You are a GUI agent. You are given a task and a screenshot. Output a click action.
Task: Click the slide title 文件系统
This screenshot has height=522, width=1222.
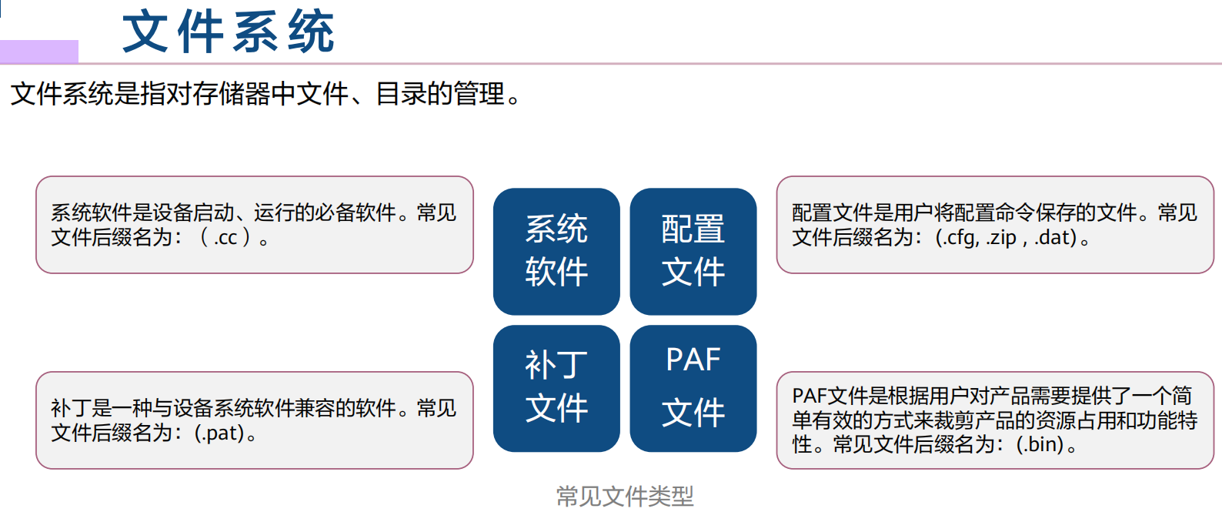tap(228, 32)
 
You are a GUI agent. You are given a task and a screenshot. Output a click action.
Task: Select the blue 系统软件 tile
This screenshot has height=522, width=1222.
tap(556, 251)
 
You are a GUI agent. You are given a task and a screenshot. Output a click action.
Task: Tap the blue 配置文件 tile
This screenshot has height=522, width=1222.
tap(693, 251)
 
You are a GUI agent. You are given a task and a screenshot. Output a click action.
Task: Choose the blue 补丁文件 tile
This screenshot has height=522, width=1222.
tap(556, 388)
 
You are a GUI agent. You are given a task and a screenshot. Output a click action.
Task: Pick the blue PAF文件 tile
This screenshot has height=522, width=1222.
tap(693, 388)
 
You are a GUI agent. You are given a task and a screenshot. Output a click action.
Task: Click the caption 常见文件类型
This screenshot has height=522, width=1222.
tap(625, 497)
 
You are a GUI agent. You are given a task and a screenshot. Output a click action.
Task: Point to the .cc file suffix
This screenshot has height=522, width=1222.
tap(225, 238)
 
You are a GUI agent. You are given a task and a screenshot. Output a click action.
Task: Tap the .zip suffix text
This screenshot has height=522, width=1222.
tap(1001, 238)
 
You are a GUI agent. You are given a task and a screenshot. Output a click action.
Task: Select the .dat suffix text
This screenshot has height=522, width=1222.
tap(1054, 238)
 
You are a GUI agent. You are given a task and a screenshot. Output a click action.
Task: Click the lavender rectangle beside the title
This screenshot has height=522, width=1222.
tap(39, 52)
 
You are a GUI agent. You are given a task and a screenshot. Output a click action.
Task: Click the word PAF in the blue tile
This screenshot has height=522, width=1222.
tap(693, 360)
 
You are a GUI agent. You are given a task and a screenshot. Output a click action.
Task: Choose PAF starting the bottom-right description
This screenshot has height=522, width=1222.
tap(809, 397)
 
